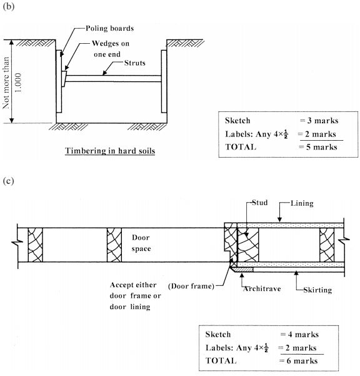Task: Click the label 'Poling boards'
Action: [110, 28]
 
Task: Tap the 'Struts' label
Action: [135, 63]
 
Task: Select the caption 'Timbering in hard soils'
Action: [110, 151]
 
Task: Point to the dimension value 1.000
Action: [18, 83]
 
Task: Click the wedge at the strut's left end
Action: [64, 79]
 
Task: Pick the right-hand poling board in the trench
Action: [164, 81]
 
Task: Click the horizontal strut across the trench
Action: [113, 79]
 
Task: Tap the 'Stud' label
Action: [259, 203]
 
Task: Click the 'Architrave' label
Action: [262, 288]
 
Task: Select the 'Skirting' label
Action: [317, 290]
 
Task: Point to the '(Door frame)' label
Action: [191, 286]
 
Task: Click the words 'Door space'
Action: [141, 243]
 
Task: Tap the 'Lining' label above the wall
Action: [302, 203]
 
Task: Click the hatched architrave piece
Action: [242, 270]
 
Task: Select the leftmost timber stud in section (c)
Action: [35, 245]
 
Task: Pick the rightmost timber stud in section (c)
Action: [327, 245]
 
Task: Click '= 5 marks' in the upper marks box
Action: [318, 147]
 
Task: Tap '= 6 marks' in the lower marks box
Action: [299, 360]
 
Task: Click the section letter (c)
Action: [8, 181]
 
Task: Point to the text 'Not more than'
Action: [6, 83]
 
